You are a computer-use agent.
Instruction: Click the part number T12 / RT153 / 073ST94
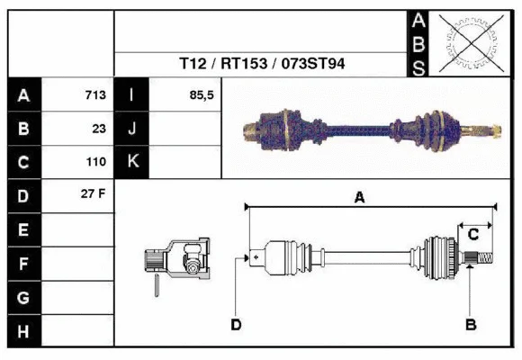click(262, 64)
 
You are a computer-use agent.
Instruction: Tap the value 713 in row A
click(95, 95)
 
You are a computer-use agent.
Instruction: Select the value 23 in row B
click(99, 129)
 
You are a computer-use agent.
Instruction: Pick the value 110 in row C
click(95, 163)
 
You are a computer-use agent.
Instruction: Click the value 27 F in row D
click(94, 195)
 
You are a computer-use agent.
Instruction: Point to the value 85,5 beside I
click(202, 95)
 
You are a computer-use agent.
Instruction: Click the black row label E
click(23, 229)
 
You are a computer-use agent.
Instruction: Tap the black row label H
click(23, 332)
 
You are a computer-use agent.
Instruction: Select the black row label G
click(23, 298)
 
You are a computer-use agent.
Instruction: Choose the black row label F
click(23, 264)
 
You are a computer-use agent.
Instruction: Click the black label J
click(131, 129)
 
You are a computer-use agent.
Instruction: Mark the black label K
click(131, 163)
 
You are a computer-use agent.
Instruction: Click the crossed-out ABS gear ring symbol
click(467, 42)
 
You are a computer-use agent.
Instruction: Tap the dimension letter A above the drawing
click(359, 197)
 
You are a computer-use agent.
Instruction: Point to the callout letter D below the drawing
click(236, 324)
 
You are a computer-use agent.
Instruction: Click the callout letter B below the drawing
click(469, 324)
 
